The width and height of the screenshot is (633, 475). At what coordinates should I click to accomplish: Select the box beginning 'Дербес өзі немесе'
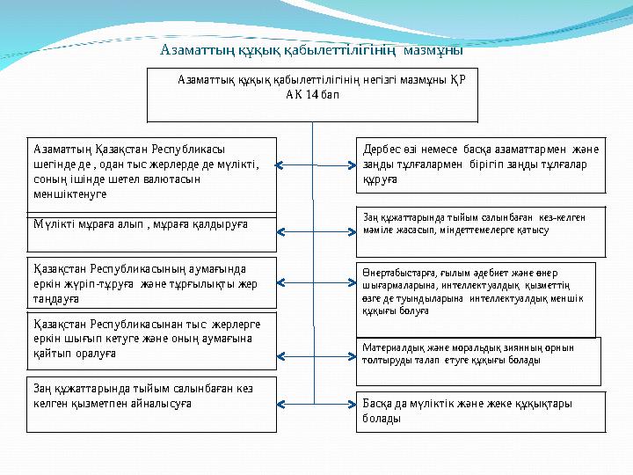pyautogui.click(x=483, y=164)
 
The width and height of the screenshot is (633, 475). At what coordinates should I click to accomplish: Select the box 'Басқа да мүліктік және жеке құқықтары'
pyautogui.click(x=483, y=411)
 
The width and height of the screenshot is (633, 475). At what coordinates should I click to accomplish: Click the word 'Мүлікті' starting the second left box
pyautogui.click(x=52, y=224)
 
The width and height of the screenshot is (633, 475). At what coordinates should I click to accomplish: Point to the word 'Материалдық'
pyautogui.click(x=392, y=347)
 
